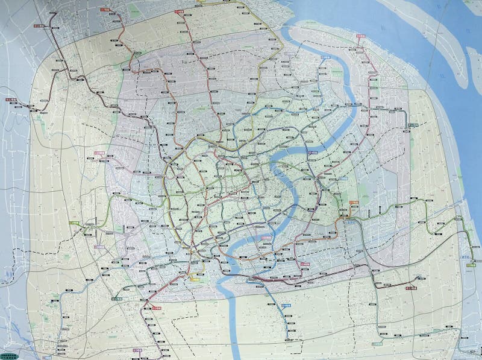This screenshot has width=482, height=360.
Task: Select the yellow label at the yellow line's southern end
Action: (196, 278)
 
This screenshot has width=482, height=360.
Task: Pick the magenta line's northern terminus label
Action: (361, 37)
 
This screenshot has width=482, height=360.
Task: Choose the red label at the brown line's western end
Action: (11, 100)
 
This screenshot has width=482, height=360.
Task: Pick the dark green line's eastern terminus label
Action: (415, 124)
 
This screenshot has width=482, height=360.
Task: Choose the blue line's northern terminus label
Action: (325, 57)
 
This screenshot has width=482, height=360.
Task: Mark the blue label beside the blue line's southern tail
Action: (287, 305)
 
